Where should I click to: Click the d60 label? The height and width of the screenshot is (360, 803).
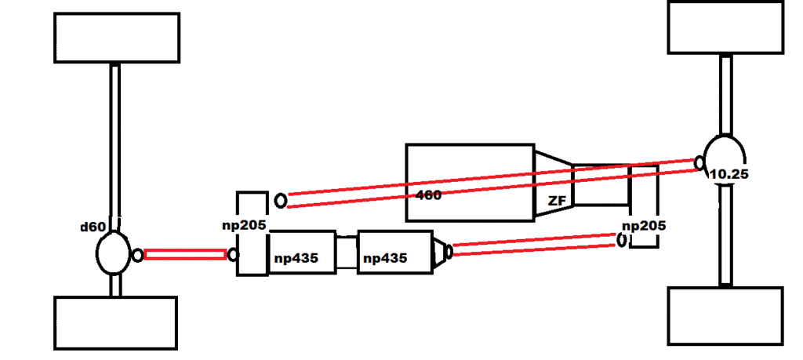coord(93,227)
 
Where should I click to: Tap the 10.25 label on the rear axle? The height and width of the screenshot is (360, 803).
coord(727,174)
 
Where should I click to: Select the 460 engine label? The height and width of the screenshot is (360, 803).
coord(428,195)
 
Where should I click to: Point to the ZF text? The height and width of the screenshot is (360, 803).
coord(557,202)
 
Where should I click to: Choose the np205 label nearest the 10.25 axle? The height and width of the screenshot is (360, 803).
coord(643,226)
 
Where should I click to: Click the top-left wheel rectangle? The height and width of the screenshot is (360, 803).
coord(117,38)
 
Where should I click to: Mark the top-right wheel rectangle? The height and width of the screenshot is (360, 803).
coord(725,27)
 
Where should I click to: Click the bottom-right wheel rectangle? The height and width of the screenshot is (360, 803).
coord(725,315)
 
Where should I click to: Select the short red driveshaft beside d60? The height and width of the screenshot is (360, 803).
coord(185,255)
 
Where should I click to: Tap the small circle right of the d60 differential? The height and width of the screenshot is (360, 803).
coord(138,255)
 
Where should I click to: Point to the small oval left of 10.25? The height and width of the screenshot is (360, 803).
coord(698,162)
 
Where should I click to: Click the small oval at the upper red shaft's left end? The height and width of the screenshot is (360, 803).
coord(281,200)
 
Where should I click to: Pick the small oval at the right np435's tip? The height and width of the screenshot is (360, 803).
coord(449,252)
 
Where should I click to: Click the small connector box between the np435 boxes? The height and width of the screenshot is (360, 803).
coord(346,251)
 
